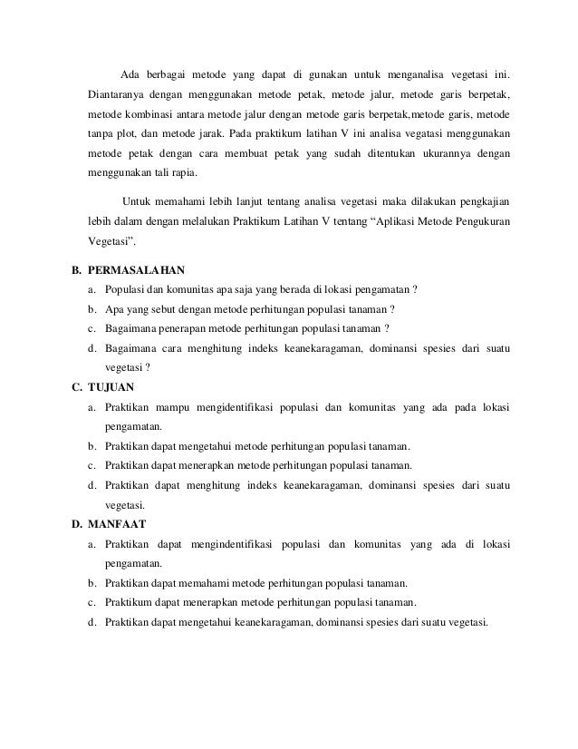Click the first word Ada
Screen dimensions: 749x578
click(x=130, y=73)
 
